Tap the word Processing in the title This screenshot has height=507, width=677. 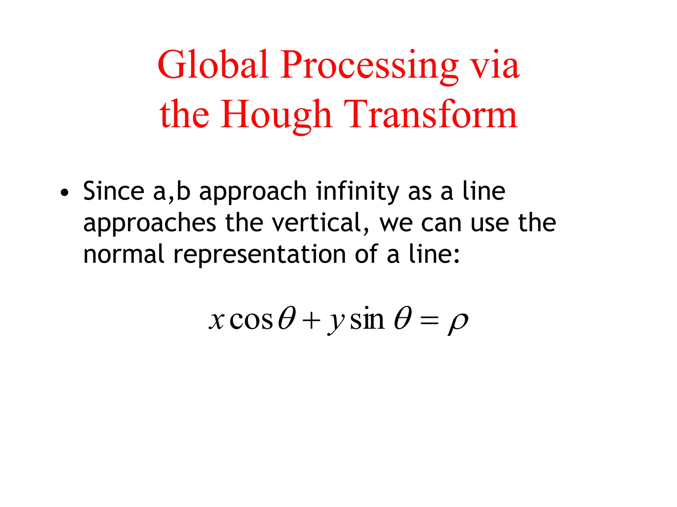click(x=369, y=66)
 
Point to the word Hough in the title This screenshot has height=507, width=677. click(x=276, y=115)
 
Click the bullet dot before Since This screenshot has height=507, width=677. click(x=65, y=192)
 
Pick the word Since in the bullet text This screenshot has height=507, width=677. click(x=113, y=191)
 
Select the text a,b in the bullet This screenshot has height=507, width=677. click(x=172, y=191)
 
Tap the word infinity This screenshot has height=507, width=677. click(x=357, y=191)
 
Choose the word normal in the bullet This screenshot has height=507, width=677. click(x=124, y=254)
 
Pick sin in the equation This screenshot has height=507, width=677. click(x=367, y=319)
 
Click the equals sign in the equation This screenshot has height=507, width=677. click(x=429, y=321)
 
